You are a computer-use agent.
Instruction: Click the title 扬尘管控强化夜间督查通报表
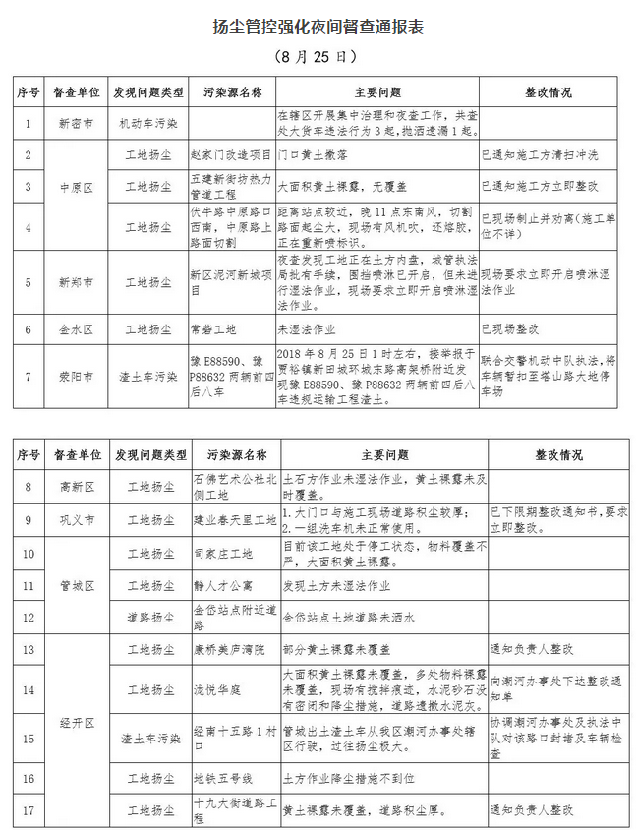[x=318, y=27]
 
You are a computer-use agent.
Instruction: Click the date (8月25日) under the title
[x=317, y=57]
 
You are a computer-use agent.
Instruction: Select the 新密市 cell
[x=76, y=124]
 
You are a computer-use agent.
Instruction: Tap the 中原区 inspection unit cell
[x=76, y=186]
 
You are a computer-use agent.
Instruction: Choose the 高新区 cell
[x=76, y=486]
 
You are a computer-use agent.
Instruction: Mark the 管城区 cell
[x=76, y=585]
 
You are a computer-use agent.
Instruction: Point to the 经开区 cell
[x=76, y=722]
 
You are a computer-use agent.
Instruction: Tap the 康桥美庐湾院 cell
[x=225, y=650]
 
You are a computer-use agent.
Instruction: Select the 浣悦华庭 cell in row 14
[x=217, y=683]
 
